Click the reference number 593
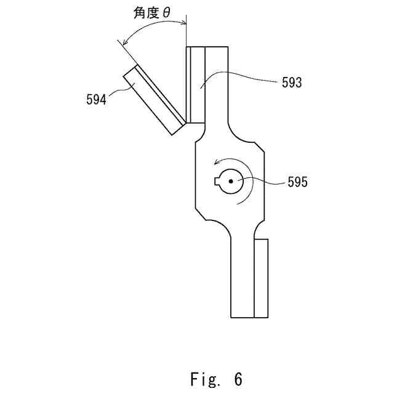pos(291,82)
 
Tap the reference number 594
pos(96,98)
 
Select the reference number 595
pos(297,182)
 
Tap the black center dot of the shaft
pos(230,181)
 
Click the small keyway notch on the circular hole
pos(217,181)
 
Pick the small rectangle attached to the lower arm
pos(261,279)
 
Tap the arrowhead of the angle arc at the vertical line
pos(183,24)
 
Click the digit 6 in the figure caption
pos(238,377)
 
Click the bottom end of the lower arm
pos(242,316)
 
